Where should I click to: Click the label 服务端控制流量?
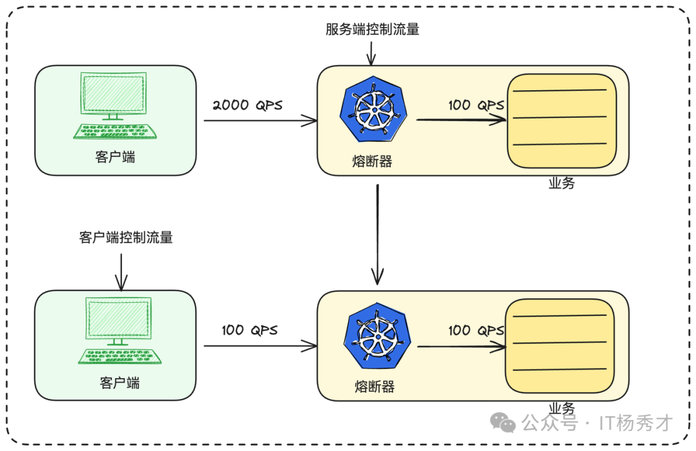(x=372, y=30)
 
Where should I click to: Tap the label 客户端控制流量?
(x=126, y=238)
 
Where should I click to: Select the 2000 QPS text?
(x=247, y=105)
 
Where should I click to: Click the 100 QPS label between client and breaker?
(x=249, y=331)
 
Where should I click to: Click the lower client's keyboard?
(x=119, y=356)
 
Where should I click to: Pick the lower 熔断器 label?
(x=374, y=387)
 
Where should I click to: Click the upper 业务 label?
(x=561, y=184)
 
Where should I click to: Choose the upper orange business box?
(x=561, y=120)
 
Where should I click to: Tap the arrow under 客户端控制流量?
(x=121, y=271)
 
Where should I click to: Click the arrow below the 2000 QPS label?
(x=260, y=120)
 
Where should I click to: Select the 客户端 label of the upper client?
(x=115, y=157)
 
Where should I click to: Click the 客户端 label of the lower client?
(x=119, y=383)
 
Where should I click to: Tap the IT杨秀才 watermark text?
(x=635, y=423)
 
